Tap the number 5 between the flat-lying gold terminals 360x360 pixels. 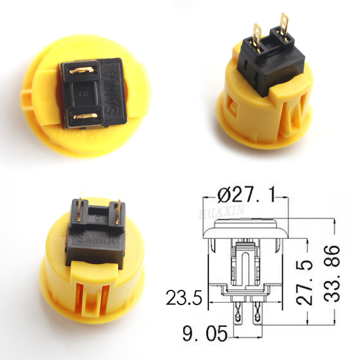[x=81, y=95]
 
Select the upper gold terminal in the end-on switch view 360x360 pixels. [x=81, y=70]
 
